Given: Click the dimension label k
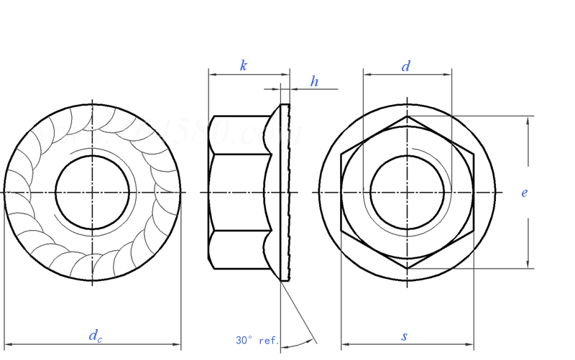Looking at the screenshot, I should coord(244,66).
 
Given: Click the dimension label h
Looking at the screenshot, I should coord(314,82).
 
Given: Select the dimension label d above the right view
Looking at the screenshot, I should coord(406,66).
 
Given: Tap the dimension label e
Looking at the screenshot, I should coord(525,193).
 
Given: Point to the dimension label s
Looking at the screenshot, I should coord(405,336).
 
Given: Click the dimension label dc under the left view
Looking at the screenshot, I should coord(95,336).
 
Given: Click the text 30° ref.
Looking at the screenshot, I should coord(257,340).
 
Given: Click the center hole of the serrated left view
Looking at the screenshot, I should coord(92,192).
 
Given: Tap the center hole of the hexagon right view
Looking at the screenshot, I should coord(407,192).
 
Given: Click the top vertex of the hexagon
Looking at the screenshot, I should coord(407,116).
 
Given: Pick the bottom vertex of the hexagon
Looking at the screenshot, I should coord(407,268).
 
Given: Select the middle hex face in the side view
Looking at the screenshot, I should coord(237,192).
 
